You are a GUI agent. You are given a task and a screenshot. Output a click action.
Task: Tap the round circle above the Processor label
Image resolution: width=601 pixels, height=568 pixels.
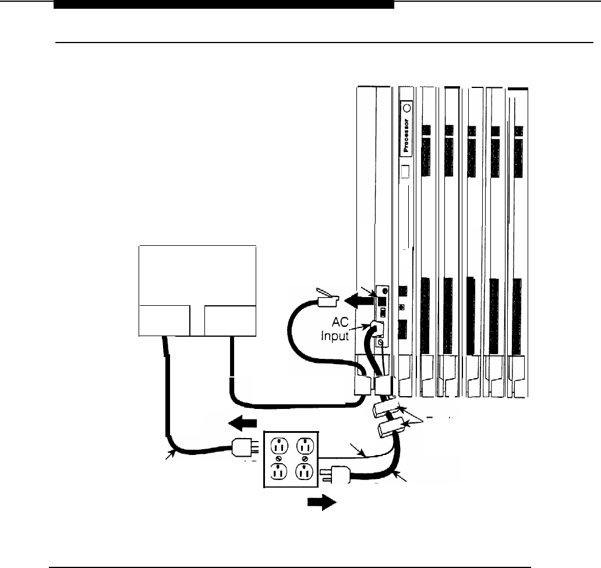point(406,107)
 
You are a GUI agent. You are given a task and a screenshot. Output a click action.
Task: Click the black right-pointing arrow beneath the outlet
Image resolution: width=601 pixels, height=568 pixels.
point(324,502)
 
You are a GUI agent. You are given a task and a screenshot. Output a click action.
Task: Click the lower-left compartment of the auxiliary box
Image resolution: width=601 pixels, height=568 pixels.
point(164,320)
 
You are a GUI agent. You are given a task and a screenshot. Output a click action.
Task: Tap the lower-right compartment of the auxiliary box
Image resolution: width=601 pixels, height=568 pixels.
point(229,320)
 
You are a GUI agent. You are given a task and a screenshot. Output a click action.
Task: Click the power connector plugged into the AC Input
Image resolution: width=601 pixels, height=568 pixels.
point(376,330)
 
